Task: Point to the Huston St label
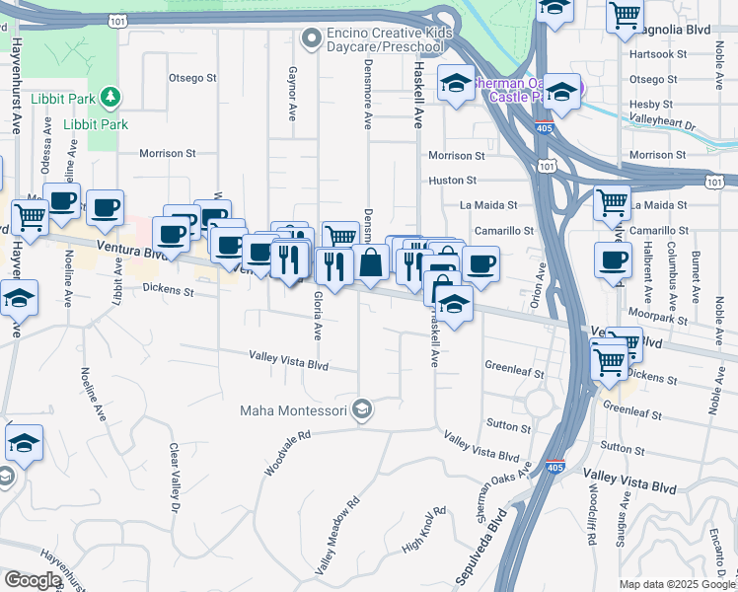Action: click(x=452, y=181)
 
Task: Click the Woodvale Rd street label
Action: click(x=287, y=453)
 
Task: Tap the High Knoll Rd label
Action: click(x=423, y=531)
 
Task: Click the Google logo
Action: click(x=33, y=580)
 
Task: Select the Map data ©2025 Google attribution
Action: click(x=676, y=584)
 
